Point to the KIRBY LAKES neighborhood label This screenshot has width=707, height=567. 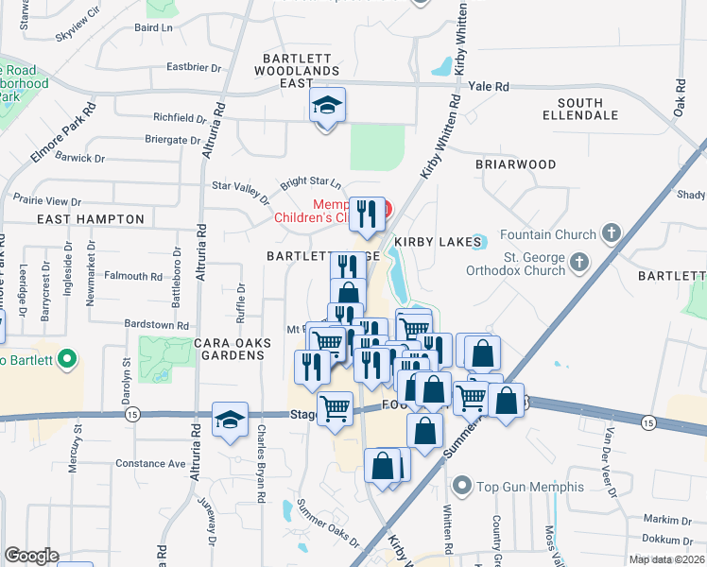(x=431, y=242)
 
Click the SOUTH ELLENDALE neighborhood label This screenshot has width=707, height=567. (x=580, y=109)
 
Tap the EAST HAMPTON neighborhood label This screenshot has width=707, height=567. (x=91, y=219)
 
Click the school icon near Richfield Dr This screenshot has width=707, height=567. (x=327, y=107)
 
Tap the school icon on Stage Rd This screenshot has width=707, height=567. (x=230, y=421)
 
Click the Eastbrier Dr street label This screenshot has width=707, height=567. (x=193, y=68)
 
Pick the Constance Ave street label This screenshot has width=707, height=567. (x=151, y=464)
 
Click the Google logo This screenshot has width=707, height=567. (x=31, y=556)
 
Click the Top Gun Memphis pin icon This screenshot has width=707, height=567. (x=462, y=488)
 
